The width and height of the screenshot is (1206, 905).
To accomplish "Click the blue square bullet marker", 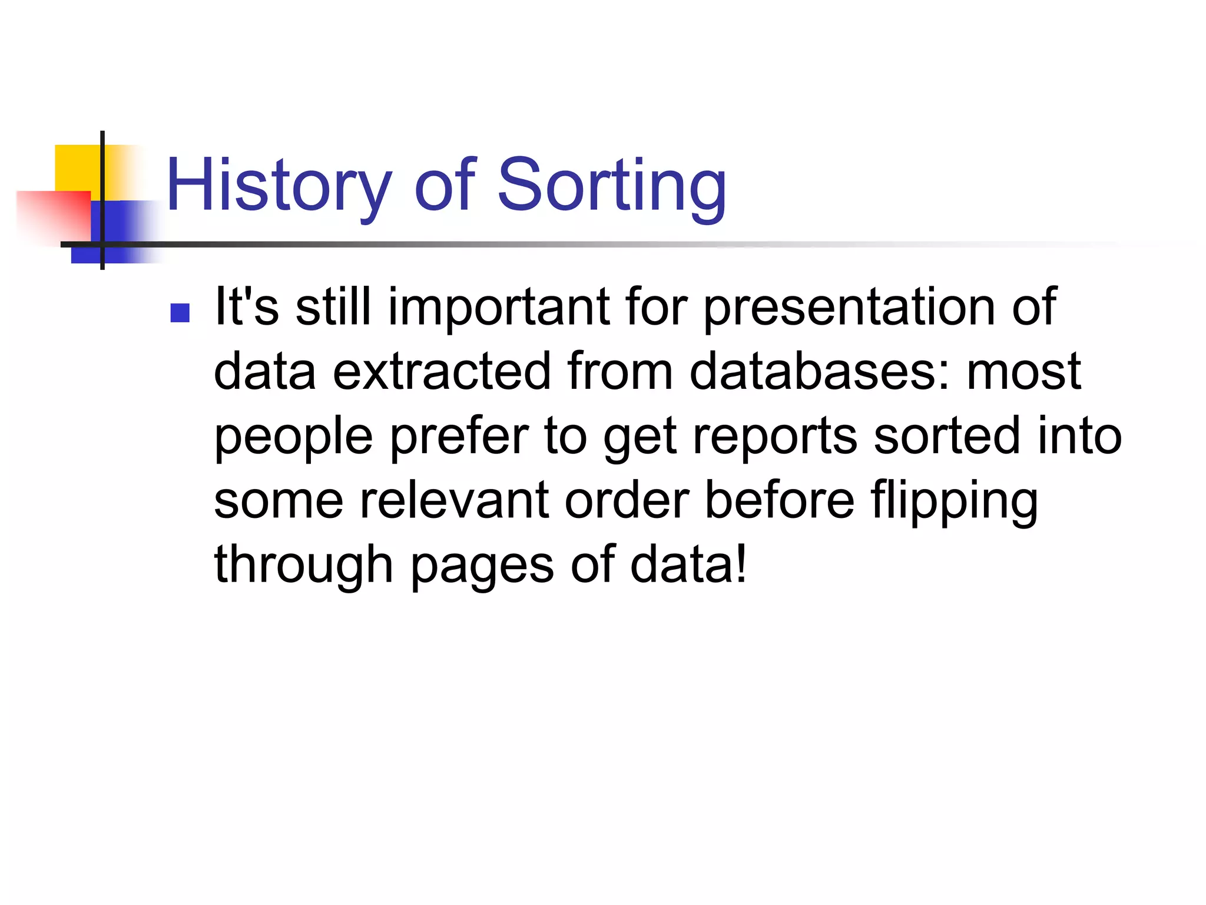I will pyautogui.click(x=180, y=313).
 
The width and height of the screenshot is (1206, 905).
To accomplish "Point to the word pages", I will pyautogui.click(x=482, y=566).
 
